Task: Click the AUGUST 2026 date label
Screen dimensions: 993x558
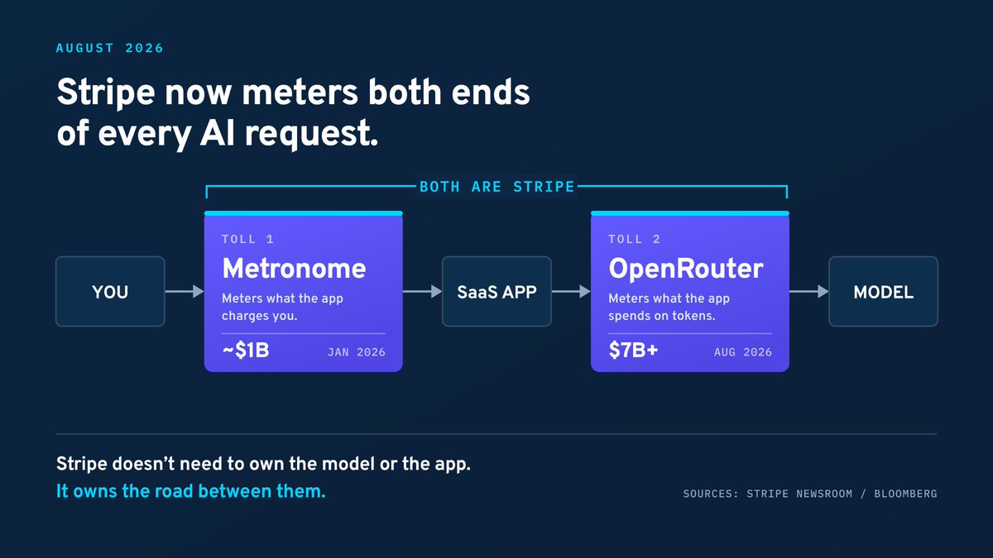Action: (x=109, y=48)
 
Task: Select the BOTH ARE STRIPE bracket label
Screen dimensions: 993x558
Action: (x=497, y=187)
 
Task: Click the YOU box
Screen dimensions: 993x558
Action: (x=110, y=291)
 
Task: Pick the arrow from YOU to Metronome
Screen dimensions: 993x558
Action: (x=185, y=291)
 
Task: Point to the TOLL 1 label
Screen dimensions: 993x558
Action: (x=247, y=239)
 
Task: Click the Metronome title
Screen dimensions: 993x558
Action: (x=294, y=269)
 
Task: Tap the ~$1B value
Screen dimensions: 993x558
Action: (x=246, y=351)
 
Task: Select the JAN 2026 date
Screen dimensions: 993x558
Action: (x=357, y=352)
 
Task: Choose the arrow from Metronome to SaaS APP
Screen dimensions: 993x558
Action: (x=422, y=291)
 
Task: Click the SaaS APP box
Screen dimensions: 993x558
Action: (x=497, y=291)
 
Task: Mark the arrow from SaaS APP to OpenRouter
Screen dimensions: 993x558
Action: (x=571, y=291)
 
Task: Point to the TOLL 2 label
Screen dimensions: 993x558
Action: (x=635, y=239)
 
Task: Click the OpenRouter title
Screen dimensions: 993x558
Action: (x=686, y=269)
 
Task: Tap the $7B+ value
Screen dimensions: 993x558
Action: (x=633, y=351)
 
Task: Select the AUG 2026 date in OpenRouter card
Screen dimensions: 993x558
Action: (x=743, y=352)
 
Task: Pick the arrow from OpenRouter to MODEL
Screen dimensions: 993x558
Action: (x=809, y=291)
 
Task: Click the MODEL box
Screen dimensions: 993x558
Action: (x=884, y=291)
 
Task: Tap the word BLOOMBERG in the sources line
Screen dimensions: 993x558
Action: (x=905, y=494)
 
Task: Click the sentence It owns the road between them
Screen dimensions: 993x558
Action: (x=190, y=491)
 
